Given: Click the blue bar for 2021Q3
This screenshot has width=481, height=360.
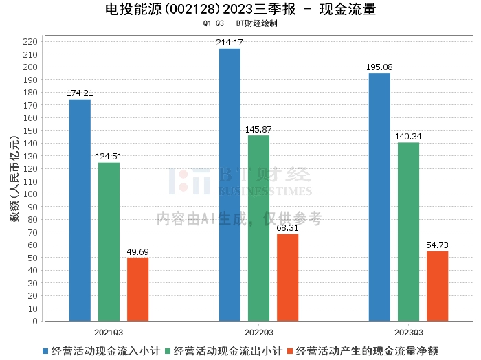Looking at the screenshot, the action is pos(80,210).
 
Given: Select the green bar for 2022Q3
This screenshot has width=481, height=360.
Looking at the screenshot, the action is pos(258,228).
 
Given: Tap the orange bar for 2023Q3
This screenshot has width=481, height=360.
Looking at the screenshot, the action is pos(437,286).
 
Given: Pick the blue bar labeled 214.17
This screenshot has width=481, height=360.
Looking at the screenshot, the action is pos(230,185).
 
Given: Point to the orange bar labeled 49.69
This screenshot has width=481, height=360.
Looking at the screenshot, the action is pos(137,289).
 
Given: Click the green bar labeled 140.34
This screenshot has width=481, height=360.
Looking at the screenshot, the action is pos(408,232).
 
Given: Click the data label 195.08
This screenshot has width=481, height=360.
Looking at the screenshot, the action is pos(379,67).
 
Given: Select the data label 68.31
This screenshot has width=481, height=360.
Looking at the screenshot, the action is pos(287,228).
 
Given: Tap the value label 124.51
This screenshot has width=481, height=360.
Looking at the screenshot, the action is pos(109,157).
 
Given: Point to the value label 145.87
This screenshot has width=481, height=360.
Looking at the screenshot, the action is pos(258,129).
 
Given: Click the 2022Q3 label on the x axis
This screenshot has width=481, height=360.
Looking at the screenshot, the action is pos(259,333).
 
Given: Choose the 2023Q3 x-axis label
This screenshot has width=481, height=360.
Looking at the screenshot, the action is pos(409,333).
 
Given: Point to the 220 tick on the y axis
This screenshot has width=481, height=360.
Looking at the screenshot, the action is pos(30,42).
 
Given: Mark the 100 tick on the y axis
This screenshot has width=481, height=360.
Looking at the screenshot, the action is pos(30,194).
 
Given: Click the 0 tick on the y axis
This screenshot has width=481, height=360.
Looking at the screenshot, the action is pos(35,322).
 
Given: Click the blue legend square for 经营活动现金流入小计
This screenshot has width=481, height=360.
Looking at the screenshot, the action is pos(45,351).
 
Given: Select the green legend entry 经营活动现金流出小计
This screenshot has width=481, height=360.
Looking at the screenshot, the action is pos(223,351).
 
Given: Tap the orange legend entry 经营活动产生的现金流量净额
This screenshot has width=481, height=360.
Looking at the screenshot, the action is pos(363,351).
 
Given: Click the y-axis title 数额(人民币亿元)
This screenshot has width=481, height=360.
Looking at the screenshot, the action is pos(14,178).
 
